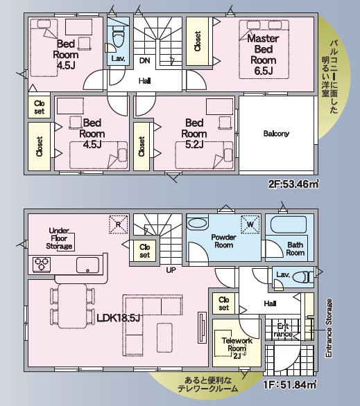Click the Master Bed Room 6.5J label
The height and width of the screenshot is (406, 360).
[x=264, y=54]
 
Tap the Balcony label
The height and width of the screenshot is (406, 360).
[x=276, y=134]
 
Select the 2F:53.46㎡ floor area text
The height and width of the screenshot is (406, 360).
[x=293, y=184]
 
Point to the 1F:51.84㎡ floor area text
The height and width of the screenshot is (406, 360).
[x=290, y=385]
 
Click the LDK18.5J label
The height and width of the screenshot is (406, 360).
[x=119, y=318]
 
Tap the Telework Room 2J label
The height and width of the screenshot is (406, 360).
[x=237, y=348]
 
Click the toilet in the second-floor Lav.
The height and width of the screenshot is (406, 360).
[x=119, y=37]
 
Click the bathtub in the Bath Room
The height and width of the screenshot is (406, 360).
[x=289, y=224]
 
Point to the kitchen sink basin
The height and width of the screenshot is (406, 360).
[x=87, y=265]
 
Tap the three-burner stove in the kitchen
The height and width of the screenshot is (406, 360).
[x=42, y=265]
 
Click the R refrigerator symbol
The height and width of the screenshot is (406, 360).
[x=119, y=224]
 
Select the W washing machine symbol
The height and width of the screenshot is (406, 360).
[x=250, y=224]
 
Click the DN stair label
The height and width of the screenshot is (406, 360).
[x=144, y=60]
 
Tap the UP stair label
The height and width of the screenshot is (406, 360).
[x=171, y=270]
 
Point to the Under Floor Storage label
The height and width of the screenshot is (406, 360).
[x=59, y=238]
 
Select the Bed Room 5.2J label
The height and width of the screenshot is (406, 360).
[x=194, y=134]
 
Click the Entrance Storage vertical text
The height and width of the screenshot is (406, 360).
[x=329, y=328]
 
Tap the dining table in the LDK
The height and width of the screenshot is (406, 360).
[x=72, y=306]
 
